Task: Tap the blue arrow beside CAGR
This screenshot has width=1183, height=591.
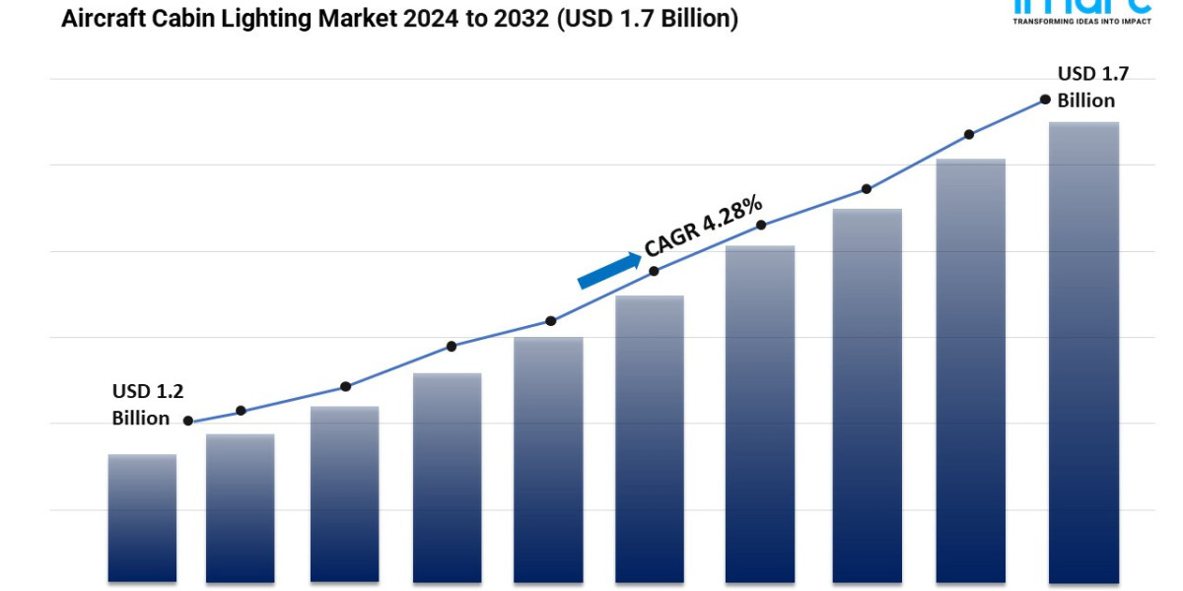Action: [608, 270]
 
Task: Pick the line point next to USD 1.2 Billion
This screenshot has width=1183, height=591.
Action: [188, 421]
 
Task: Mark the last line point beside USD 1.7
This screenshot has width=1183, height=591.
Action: [1044, 99]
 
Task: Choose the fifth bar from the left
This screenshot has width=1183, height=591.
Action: [548, 459]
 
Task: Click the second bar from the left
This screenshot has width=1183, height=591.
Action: [240, 507]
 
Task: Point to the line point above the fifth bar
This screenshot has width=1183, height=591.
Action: [550, 321]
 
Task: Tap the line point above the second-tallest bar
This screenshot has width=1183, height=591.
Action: [969, 134]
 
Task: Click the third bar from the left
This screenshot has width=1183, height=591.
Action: [344, 493]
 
